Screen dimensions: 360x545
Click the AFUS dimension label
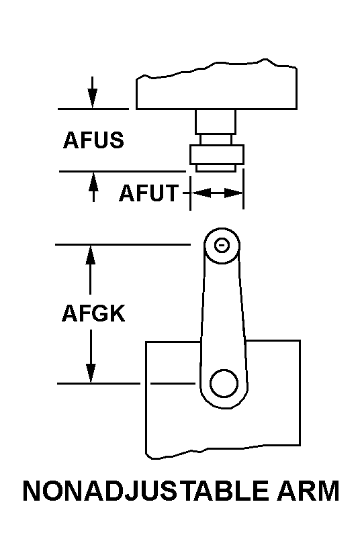93,140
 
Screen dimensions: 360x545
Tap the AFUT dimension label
148,193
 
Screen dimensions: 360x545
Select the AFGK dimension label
93,313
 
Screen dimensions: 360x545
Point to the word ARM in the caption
308,491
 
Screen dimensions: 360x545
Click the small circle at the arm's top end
222,246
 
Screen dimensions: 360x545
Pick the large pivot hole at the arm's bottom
224,384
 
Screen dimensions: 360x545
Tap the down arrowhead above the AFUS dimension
92,99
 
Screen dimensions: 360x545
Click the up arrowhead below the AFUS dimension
93,181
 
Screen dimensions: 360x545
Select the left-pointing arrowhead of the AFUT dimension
201,193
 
